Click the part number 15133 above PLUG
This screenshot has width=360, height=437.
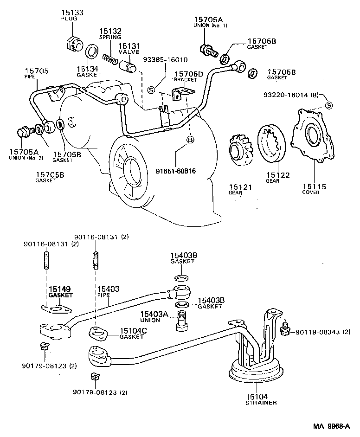tap(72, 13)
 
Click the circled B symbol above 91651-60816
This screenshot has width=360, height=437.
tap(190, 139)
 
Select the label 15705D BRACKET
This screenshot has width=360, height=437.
tap(189, 77)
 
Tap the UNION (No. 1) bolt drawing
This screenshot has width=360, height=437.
tap(207, 49)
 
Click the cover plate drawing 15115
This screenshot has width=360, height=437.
tap(310, 137)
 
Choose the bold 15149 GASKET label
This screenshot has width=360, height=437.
tap(61, 291)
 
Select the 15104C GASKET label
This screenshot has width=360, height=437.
tap(133, 333)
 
